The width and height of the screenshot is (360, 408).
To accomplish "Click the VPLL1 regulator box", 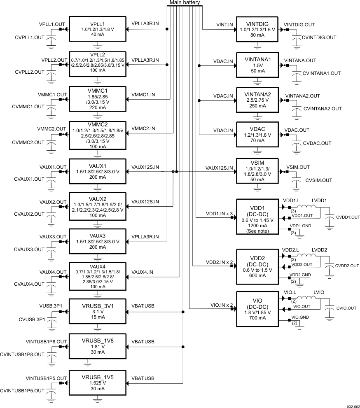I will (x=98, y=29).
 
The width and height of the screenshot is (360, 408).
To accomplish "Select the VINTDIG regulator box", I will (x=257, y=29).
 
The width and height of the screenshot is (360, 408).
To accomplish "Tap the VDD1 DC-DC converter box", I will (x=257, y=217).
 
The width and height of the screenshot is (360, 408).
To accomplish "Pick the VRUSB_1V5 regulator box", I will (x=98, y=382).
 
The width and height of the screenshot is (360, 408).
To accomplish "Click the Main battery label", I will (x=185, y=3).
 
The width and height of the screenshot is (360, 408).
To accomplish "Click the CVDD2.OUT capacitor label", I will (x=347, y=266).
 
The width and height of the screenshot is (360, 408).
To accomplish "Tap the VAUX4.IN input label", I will (x=142, y=272).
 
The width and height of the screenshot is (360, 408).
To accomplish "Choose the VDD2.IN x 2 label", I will (x=220, y=262).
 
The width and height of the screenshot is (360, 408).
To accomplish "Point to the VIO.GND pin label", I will (x=300, y=317).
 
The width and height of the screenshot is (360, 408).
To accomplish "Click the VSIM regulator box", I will (x=257, y=171).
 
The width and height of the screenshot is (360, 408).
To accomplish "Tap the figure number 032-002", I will (x=352, y=406).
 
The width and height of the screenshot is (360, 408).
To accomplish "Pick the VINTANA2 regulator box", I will (x=257, y=100).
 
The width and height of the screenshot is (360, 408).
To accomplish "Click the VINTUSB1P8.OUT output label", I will (x=46, y=341).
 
